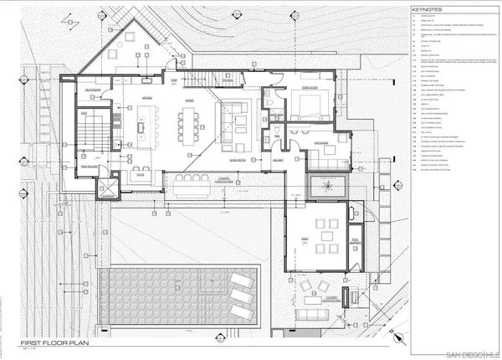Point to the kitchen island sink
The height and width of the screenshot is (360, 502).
click(x=141, y=128)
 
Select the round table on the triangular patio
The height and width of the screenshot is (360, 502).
click(x=131, y=39)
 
